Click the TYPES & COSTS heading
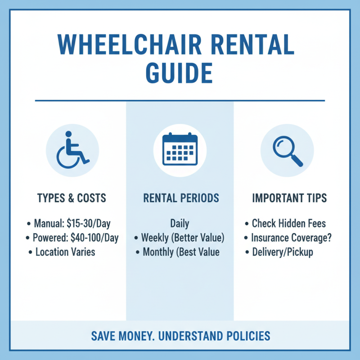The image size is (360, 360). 72,198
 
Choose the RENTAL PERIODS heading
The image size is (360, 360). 180,198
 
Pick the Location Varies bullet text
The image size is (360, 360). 65,252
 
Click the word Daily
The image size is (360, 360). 180,223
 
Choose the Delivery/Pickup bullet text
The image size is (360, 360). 282,252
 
